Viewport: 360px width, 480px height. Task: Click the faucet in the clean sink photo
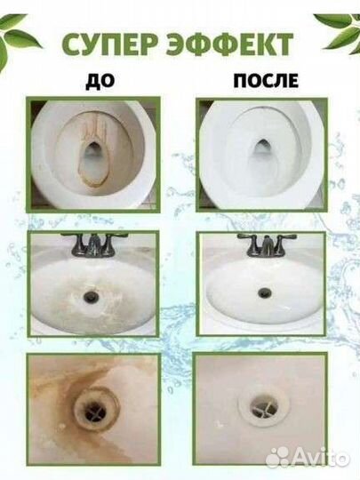[x=264, y=244]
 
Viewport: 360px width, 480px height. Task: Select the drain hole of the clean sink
[x=263, y=292]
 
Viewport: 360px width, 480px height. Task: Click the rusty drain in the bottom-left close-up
[x=93, y=410]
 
